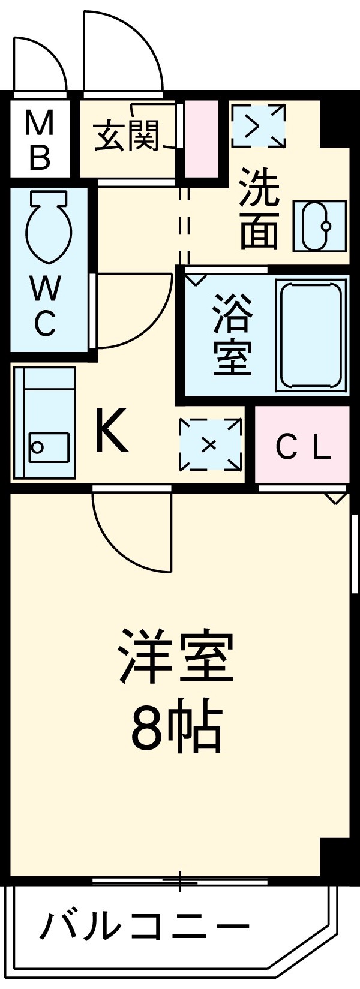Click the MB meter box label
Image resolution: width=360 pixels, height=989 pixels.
pos(40,142)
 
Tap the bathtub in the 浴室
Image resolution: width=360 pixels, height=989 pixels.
pos(311,336)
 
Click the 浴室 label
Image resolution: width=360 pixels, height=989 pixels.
pos(232,334)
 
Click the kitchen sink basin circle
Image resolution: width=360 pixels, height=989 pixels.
pos(37,447)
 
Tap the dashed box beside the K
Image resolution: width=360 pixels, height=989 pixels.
pos(209,444)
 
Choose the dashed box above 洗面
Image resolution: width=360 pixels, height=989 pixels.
pos(259,125)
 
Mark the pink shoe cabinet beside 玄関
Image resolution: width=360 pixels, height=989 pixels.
pos(201,139)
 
